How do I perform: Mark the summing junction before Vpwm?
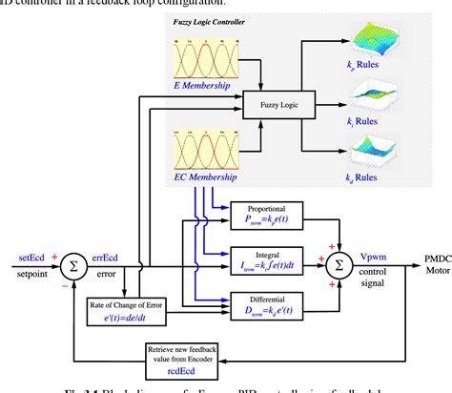pos(339,260)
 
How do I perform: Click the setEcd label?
pos(35,256)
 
